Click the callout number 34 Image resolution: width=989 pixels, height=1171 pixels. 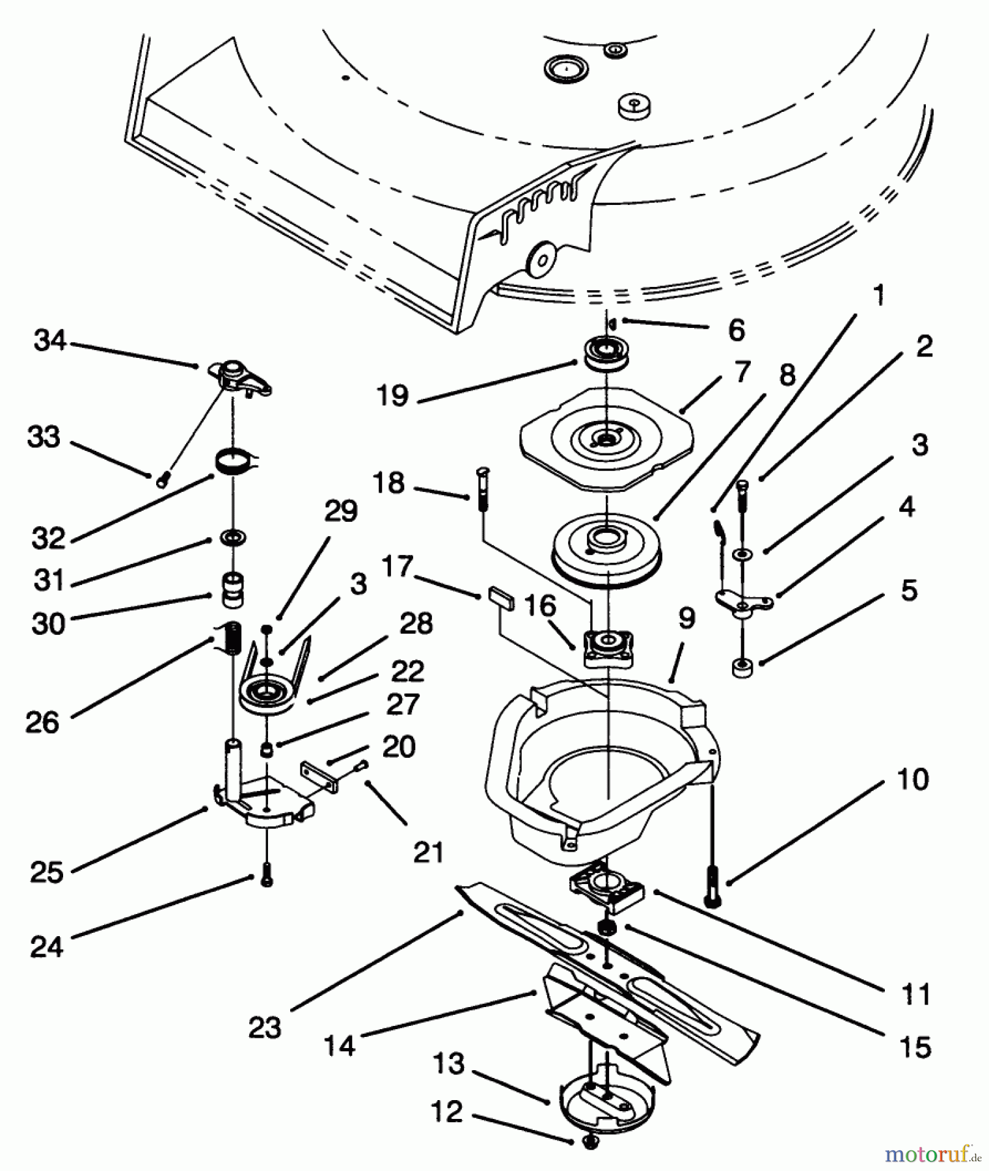coord(50,340)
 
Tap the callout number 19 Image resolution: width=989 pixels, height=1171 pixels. coord(392,396)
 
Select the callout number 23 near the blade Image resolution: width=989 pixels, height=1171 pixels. coord(264,1028)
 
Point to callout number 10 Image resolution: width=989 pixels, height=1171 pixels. coord(912,779)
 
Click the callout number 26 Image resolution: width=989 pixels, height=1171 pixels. coord(42,722)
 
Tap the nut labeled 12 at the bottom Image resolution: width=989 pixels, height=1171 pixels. coord(591,1142)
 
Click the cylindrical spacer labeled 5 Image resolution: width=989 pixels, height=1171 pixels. coord(740,667)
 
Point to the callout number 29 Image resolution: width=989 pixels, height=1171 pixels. coord(341,511)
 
